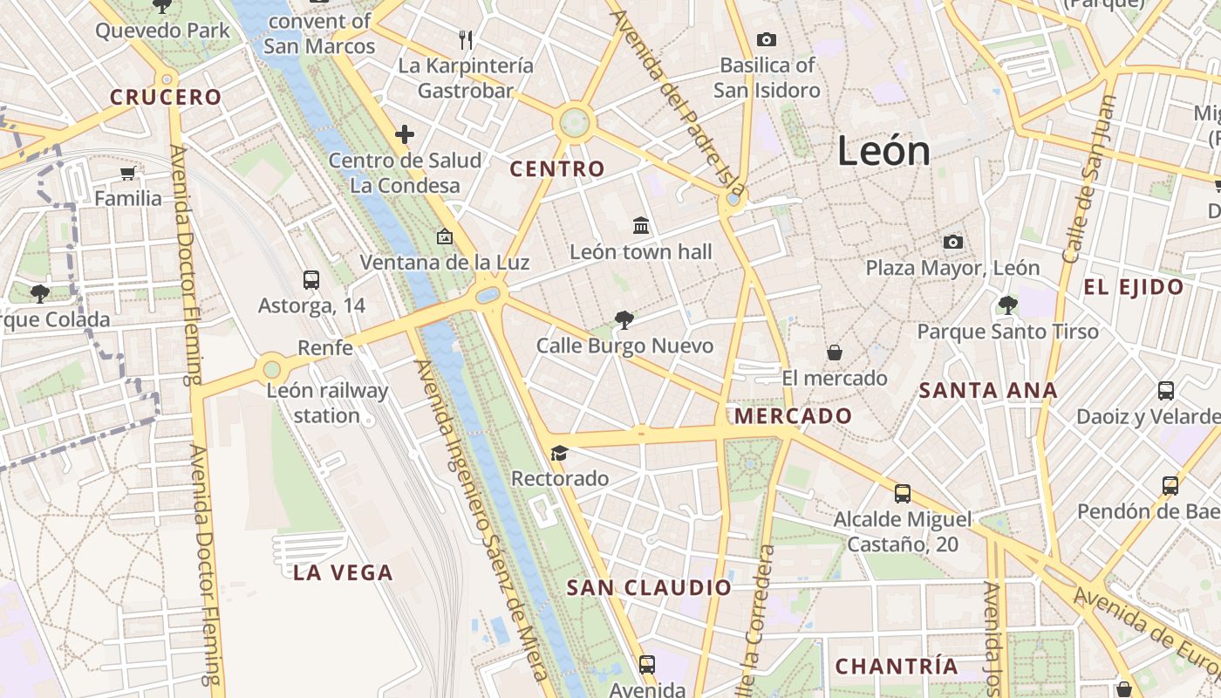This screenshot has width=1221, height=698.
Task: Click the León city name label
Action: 883,151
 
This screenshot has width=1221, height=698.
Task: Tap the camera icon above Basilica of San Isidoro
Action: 767,39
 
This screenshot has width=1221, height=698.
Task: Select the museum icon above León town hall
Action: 641,226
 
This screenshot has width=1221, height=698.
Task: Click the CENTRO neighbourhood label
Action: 557,169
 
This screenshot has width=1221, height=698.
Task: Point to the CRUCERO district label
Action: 166,97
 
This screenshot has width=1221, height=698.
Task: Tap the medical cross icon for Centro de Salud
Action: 404,134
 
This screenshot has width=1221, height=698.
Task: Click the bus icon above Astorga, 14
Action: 311,280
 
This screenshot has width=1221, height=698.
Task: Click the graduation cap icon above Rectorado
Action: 559,453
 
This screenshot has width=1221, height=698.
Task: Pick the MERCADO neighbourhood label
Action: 793,416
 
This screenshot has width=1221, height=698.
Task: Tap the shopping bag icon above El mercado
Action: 835,352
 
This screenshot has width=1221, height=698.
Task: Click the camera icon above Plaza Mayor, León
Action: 952,242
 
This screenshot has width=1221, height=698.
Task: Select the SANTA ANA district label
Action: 988,391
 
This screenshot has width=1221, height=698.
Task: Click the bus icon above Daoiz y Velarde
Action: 1166,390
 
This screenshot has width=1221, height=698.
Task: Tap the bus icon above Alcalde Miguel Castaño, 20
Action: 903,494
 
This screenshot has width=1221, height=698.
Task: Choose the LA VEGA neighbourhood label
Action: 343,573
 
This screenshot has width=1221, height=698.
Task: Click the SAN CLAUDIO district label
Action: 649,588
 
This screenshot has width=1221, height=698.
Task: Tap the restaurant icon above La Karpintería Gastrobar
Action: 466,39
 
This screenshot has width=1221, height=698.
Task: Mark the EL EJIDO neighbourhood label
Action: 1134,287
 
